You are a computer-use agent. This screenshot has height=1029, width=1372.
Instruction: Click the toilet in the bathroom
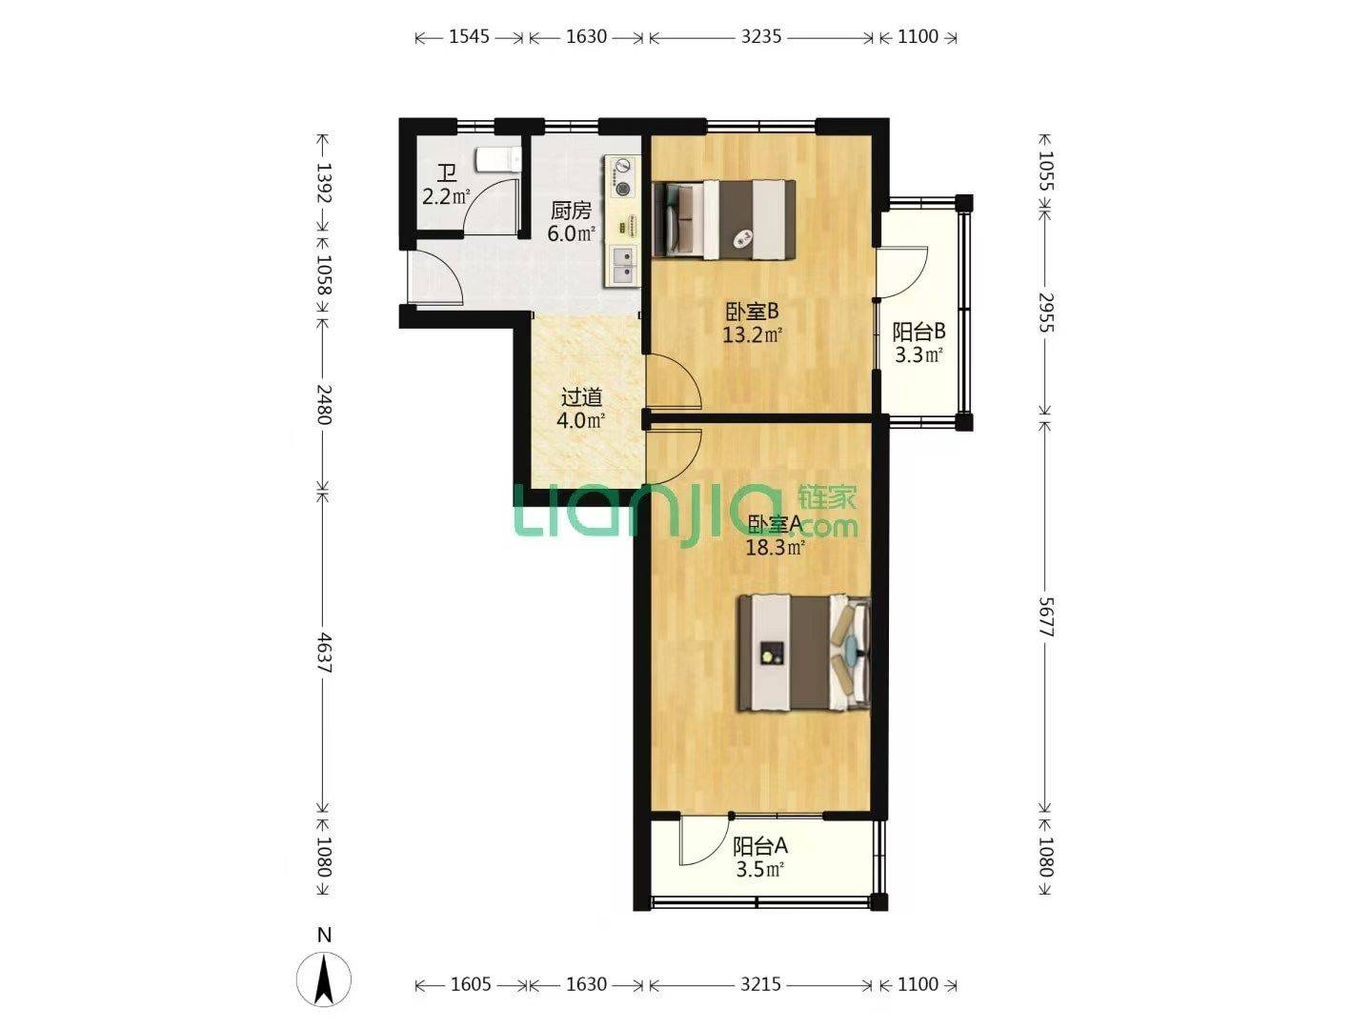point(498,159)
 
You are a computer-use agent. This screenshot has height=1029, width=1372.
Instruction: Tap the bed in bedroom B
point(724,219)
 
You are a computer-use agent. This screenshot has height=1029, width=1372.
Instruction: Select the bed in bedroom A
point(804,653)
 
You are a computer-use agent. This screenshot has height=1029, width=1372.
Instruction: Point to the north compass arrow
point(323,979)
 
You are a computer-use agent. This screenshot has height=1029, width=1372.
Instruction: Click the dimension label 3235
point(760,37)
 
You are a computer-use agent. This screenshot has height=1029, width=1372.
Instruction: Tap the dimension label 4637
point(323,653)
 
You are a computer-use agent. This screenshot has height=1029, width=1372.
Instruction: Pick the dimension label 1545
point(469,37)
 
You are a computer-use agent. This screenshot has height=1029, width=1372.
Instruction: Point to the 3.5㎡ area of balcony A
point(759,869)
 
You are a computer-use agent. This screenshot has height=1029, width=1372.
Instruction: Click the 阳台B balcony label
point(918,332)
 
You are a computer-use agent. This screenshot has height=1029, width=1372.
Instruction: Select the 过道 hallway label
point(581,396)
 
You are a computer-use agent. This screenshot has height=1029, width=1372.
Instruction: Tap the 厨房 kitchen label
point(571,211)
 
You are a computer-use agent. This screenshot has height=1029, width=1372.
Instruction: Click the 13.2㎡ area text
point(752,334)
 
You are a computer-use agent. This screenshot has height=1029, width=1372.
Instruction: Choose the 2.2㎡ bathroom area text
point(446,197)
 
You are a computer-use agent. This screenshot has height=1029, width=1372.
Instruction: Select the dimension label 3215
point(760,984)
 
